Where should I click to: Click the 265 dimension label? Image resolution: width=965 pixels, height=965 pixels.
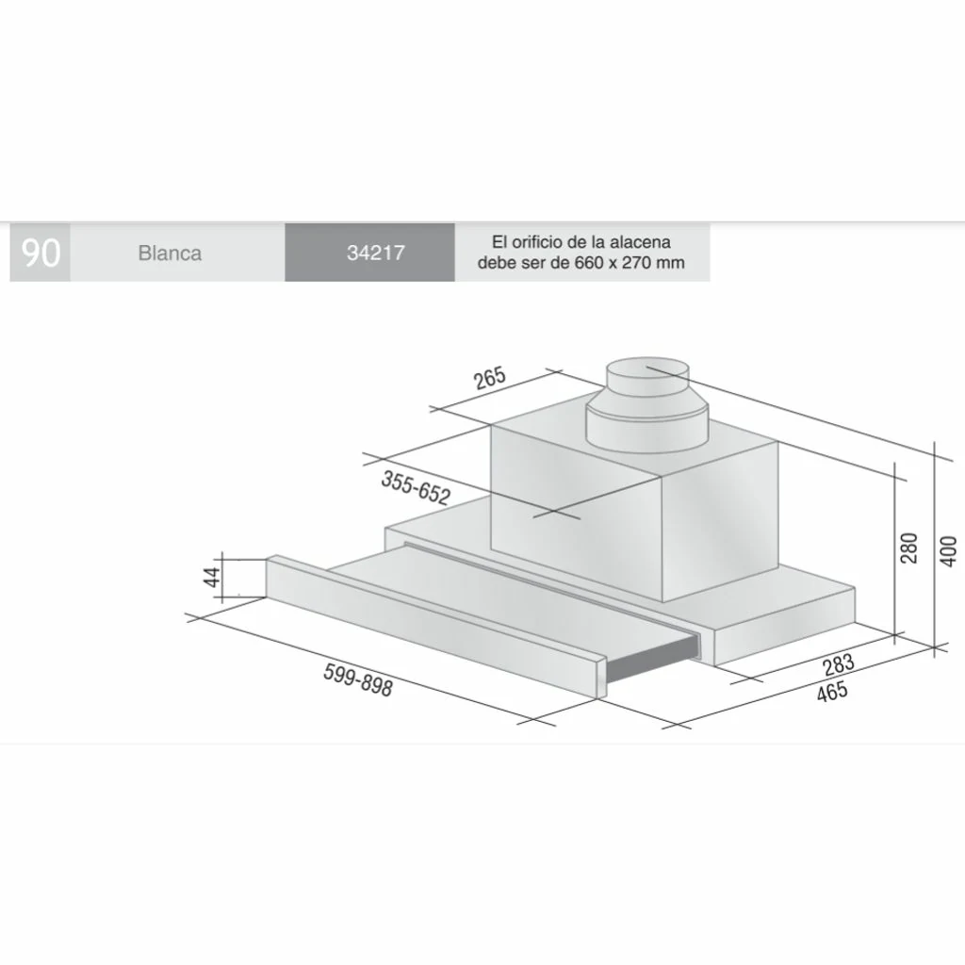coord(490,378)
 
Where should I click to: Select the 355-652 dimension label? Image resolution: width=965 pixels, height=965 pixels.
coord(416,487)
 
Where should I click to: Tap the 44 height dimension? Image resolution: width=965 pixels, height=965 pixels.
coord(212,577)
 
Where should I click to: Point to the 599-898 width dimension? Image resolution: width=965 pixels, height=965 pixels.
coord(357,680)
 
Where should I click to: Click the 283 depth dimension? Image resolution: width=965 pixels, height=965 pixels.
coord(839,664)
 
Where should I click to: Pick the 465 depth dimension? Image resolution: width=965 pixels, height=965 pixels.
coord(832,692)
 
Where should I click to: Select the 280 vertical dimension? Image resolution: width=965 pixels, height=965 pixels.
coord(908,548)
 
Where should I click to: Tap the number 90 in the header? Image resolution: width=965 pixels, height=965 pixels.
coord(41,253)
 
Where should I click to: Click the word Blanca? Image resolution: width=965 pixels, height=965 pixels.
coord(170,253)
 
